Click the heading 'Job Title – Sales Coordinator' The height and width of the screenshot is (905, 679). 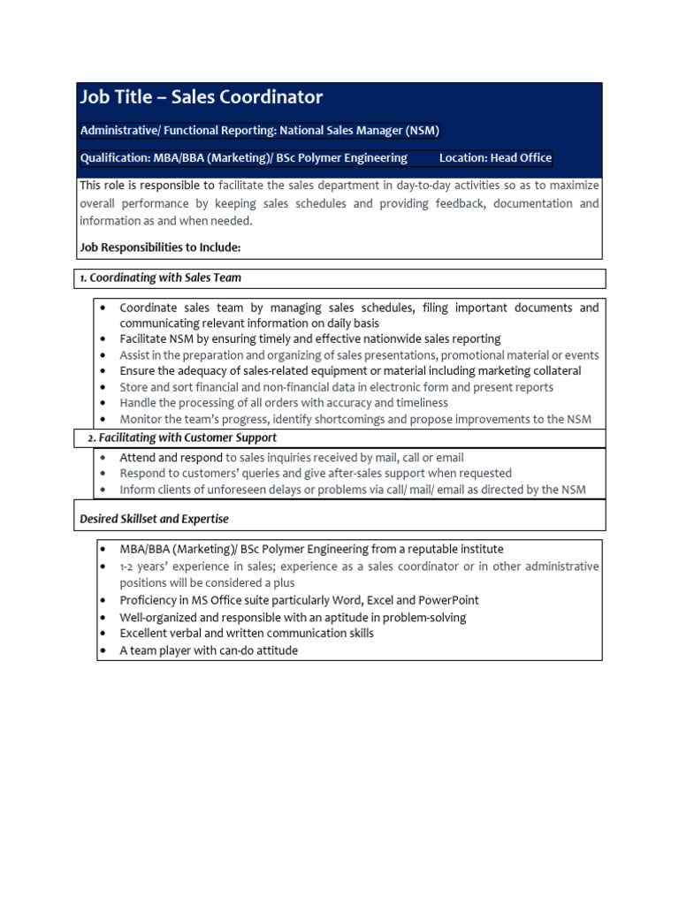pos(202,97)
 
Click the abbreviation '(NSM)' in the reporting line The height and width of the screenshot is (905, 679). pos(423,131)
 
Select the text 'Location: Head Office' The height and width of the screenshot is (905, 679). pos(495,158)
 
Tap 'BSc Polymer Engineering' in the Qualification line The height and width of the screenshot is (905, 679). pos(341,158)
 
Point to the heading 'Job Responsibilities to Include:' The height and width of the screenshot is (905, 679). pos(160,247)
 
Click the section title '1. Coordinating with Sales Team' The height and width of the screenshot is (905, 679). pos(161,278)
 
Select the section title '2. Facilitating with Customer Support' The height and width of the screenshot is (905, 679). pos(182,437)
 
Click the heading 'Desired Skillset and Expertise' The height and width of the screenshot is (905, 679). pos(155,519)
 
